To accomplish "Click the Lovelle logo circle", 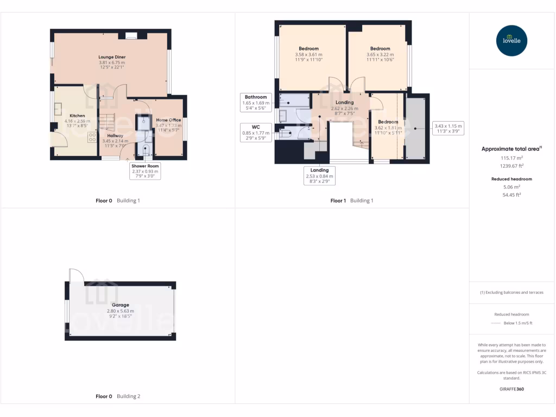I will [512, 40].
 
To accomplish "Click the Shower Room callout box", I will [145, 170].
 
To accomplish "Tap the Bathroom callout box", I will [256, 103].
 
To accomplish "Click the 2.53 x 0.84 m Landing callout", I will [319, 175].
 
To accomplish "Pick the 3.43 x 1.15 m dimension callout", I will [448, 129].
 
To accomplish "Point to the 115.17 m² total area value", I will [511, 158].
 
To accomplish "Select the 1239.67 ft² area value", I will [511, 166].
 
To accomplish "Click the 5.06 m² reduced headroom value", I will [511, 186].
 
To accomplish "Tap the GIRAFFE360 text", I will [511, 389].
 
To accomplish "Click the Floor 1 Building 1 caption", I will [352, 200].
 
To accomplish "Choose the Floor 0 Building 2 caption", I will [117, 396].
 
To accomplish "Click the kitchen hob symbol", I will [91, 137].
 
